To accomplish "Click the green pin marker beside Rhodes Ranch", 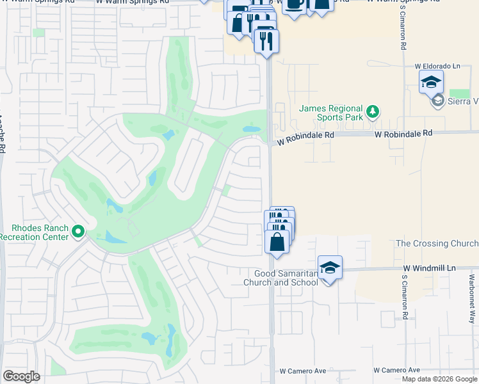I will [x=78, y=231].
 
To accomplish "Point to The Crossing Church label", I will [x=437, y=244].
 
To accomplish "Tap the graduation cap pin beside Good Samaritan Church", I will [x=330, y=268].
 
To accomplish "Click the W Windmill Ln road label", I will [x=429, y=269].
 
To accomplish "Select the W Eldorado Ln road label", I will [x=437, y=66].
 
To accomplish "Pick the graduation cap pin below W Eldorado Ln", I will [x=431, y=82].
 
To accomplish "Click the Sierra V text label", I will [x=464, y=100].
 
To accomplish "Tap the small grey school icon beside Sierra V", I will [x=438, y=100].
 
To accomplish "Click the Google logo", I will [x=21, y=376].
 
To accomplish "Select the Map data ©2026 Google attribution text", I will [x=440, y=379].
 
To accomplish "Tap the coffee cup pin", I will [x=294, y=5].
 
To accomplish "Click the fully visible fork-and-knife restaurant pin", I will [x=266, y=41].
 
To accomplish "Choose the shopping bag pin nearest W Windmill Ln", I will [x=277, y=243].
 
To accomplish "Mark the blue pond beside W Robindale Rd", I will [x=251, y=129].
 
